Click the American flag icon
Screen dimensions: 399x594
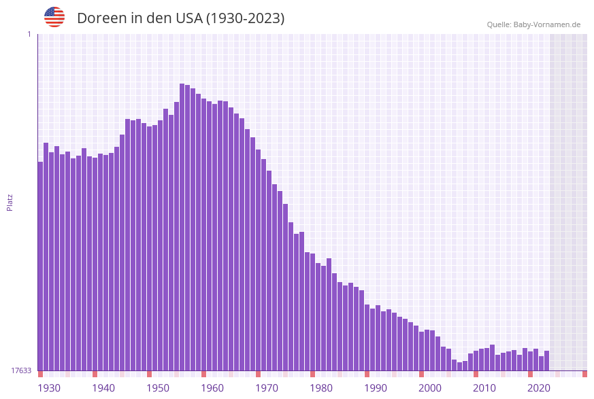[x=54, y=17]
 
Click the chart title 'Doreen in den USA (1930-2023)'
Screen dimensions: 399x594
[x=180, y=18]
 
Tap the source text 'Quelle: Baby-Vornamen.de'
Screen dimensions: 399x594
[x=533, y=24]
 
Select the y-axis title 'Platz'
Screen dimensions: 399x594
[x=10, y=202]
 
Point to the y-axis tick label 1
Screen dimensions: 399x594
[x=29, y=34]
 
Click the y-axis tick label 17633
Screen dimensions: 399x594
[x=20, y=370]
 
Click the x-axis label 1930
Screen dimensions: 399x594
[x=49, y=387]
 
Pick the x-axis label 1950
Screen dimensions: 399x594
[x=158, y=387]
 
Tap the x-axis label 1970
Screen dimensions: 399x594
[x=267, y=387]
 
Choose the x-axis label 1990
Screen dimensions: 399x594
[x=376, y=387]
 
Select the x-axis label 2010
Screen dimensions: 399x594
[x=484, y=387]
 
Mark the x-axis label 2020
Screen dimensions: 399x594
[x=539, y=387]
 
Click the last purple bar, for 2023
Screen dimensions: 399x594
[x=546, y=361]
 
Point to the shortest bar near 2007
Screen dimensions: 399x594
[x=460, y=366]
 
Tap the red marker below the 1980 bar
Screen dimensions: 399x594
[x=312, y=374]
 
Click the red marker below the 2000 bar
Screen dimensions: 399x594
[x=421, y=374]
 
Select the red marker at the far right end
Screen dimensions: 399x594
[x=584, y=374]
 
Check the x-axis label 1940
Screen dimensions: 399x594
[x=103, y=387]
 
